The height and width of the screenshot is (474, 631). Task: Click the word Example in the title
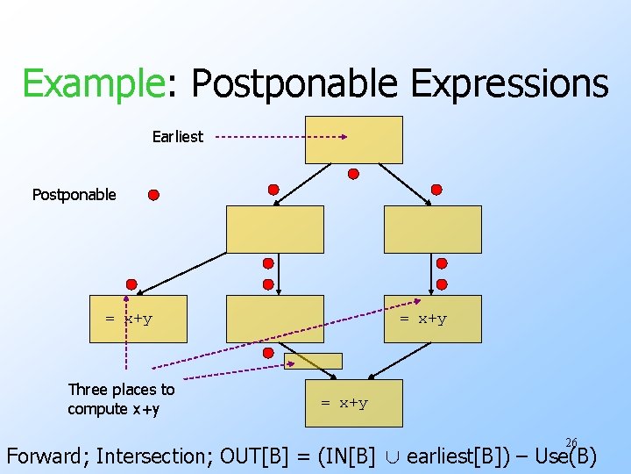(x=92, y=84)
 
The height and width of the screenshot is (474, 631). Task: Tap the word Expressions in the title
(x=509, y=84)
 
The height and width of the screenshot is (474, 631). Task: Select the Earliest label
(x=177, y=137)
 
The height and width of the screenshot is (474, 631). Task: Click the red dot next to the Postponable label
(x=153, y=195)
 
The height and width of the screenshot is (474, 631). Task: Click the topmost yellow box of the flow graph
(x=353, y=140)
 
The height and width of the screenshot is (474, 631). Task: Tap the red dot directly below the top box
(x=353, y=174)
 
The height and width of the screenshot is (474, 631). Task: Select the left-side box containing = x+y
(x=139, y=319)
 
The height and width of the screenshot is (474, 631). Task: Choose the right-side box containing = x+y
(x=433, y=319)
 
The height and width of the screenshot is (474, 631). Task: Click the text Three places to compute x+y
(x=121, y=399)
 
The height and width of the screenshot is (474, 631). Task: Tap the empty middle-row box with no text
(x=274, y=319)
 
